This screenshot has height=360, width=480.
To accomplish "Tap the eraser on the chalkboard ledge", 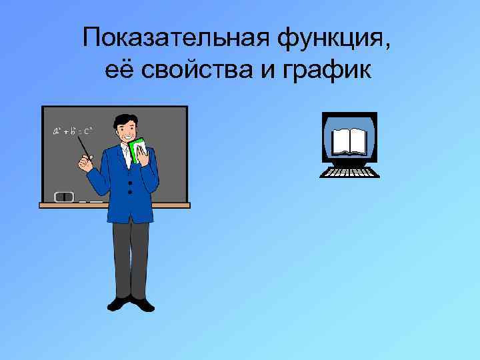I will point(64,197).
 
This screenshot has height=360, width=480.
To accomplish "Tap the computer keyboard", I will point(349,172).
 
